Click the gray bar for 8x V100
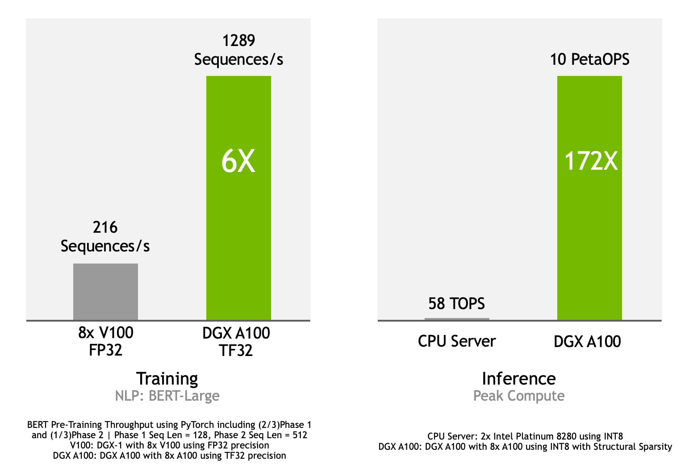[x=105, y=291]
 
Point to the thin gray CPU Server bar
[x=457, y=319]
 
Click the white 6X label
[x=238, y=161]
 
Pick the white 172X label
[x=591, y=161]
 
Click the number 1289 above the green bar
[x=238, y=41]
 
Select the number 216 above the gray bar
[x=105, y=227]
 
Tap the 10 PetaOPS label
[x=589, y=59]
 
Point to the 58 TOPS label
[x=456, y=304]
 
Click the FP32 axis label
[x=105, y=350]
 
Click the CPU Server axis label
[x=456, y=341]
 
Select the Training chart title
[x=167, y=379]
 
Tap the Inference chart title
[x=518, y=379]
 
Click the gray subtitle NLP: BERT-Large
[x=167, y=396]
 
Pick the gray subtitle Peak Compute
[x=518, y=396]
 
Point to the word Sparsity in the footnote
[x=655, y=447]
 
